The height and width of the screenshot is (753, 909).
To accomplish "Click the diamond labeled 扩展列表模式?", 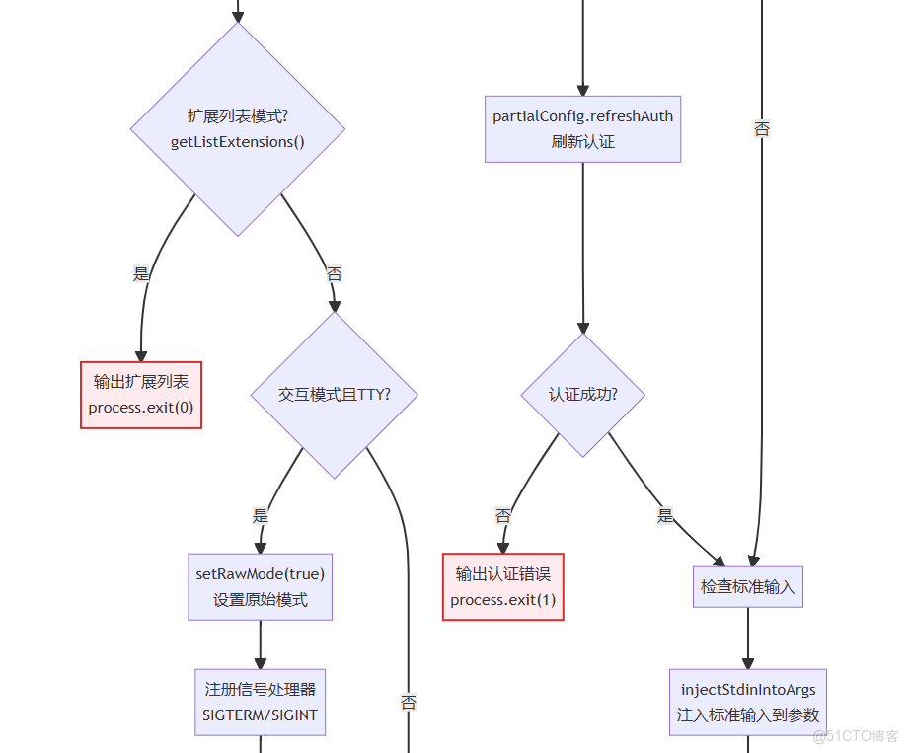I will click(x=237, y=129).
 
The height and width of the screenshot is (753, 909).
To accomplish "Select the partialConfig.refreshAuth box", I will click(x=582, y=128).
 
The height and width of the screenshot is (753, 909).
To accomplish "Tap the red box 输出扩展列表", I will click(x=141, y=395).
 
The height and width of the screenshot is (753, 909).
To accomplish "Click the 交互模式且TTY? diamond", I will click(x=334, y=395).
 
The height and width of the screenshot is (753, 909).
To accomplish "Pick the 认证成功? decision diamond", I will click(x=582, y=395).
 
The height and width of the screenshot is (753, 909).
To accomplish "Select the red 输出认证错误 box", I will click(x=502, y=586).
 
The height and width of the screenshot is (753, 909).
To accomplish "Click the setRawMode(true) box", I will click(x=260, y=586).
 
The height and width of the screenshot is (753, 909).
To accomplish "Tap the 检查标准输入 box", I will click(x=747, y=586).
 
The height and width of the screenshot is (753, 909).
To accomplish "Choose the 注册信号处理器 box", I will click(x=260, y=702).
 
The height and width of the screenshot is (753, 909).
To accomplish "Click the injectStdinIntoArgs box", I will click(x=747, y=702).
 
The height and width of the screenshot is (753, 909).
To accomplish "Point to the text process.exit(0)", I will click(x=141, y=408).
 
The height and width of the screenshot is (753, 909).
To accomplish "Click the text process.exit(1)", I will click(x=502, y=600).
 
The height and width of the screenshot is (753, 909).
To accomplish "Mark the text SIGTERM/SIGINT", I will click(x=260, y=715).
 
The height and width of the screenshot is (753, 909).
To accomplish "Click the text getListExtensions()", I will click(x=237, y=142).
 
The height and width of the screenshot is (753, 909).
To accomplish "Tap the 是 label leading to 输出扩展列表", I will click(x=141, y=274).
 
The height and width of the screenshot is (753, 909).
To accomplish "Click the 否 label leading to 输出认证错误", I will click(x=502, y=515).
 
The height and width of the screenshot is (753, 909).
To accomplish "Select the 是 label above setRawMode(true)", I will click(x=260, y=515).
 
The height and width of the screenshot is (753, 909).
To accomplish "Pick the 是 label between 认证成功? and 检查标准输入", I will click(x=665, y=515).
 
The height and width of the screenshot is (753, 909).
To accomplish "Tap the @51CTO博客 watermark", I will click(x=855, y=736).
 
